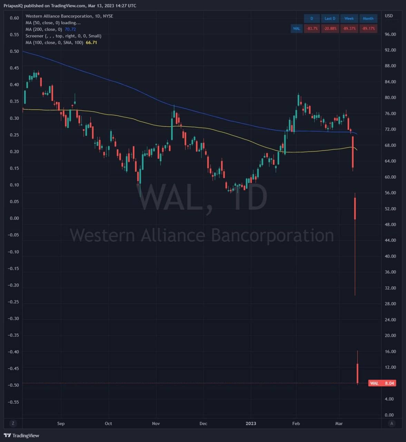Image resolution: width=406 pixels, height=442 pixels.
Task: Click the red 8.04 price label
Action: pyautogui.click(x=382, y=383)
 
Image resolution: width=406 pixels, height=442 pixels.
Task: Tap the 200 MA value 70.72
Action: pyautogui.click(x=70, y=29)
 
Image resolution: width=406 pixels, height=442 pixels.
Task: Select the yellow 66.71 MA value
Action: pyautogui.click(x=91, y=42)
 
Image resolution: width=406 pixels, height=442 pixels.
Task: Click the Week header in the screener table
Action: pyautogui.click(x=349, y=19)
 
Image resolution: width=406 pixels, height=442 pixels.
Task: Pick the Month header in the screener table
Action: pyautogui.click(x=368, y=19)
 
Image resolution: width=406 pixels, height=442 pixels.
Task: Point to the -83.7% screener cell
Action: pyautogui.click(x=312, y=28)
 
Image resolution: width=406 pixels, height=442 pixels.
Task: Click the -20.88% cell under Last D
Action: pyautogui.click(x=330, y=28)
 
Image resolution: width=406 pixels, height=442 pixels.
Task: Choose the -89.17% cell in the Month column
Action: pyautogui.click(x=368, y=28)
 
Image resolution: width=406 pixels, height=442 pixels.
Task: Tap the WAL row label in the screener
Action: pyautogui.click(x=296, y=28)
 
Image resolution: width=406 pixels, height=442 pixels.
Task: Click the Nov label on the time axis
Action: pyautogui.click(x=156, y=423)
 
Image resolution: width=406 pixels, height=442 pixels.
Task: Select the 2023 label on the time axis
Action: pyautogui.click(x=251, y=423)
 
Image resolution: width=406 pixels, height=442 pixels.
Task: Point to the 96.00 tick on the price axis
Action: pyautogui.click(x=390, y=34)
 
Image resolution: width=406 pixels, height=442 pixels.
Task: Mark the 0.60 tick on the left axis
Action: pyautogui.click(x=14, y=18)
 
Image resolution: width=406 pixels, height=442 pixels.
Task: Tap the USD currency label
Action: pyautogui.click(x=389, y=16)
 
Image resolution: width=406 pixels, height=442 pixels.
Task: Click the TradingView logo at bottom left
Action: pyautogui.click(x=21, y=435)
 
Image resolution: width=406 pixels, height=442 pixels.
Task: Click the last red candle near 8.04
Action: pyautogui.click(x=358, y=373)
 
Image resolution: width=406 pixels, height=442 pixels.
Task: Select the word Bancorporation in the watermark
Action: pyautogui.click(x=272, y=235)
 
